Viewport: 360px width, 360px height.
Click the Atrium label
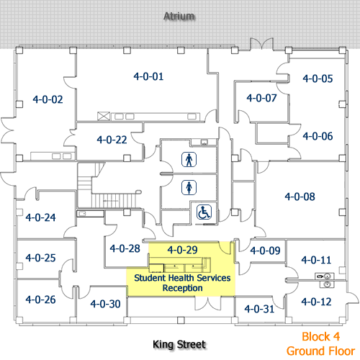click(x=179, y=17)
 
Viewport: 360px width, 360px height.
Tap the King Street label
click(x=179, y=345)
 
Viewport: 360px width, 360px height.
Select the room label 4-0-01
click(x=148, y=76)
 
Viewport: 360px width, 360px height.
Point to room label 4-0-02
click(x=48, y=99)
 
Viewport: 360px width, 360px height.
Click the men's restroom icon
click(x=189, y=160)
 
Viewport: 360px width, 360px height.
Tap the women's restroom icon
click(x=189, y=187)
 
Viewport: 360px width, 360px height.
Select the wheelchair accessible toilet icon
click(x=204, y=212)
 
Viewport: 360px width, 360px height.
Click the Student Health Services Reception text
click(x=182, y=283)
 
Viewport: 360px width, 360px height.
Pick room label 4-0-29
click(x=183, y=250)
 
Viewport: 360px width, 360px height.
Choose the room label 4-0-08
click(x=300, y=197)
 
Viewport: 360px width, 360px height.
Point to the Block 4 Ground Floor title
click(x=320, y=343)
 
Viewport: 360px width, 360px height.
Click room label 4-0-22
click(x=112, y=140)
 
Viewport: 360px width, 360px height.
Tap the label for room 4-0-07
click(x=261, y=98)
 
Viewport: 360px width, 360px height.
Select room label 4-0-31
click(x=259, y=309)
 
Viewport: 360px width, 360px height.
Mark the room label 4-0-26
click(x=40, y=300)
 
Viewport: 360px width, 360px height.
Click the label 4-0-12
click(x=316, y=302)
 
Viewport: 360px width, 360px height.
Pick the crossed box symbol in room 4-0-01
click(x=104, y=117)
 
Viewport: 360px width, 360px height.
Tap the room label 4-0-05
click(x=318, y=78)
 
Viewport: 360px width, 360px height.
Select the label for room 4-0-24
click(x=40, y=217)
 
